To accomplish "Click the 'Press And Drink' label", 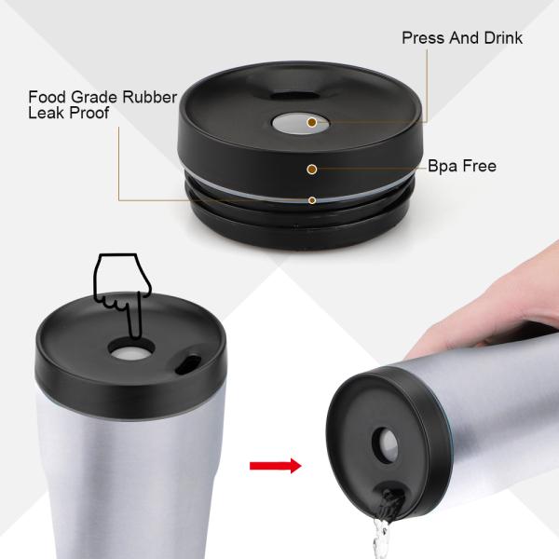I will pos(461,38).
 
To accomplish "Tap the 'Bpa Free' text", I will pos(461,167).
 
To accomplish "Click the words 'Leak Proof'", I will pos(69,113).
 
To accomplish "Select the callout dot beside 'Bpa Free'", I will pos(312,169).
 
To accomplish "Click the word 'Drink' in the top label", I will pos(502,38).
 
